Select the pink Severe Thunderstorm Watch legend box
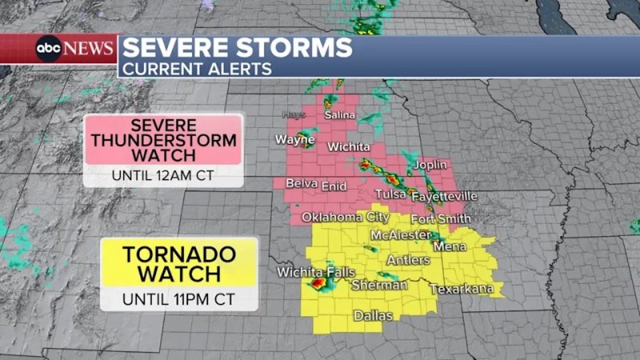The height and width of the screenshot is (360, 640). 164,139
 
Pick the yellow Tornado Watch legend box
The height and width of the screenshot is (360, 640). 178,263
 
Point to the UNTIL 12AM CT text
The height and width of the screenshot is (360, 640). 163,175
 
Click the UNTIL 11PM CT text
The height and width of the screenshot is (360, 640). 178,300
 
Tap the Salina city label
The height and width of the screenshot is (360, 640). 339,115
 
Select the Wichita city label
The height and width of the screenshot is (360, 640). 349,147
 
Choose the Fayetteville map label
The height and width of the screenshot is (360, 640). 444,196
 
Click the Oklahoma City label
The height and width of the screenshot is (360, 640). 346,217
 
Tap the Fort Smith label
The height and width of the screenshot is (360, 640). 441,219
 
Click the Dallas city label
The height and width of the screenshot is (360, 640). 374,316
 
